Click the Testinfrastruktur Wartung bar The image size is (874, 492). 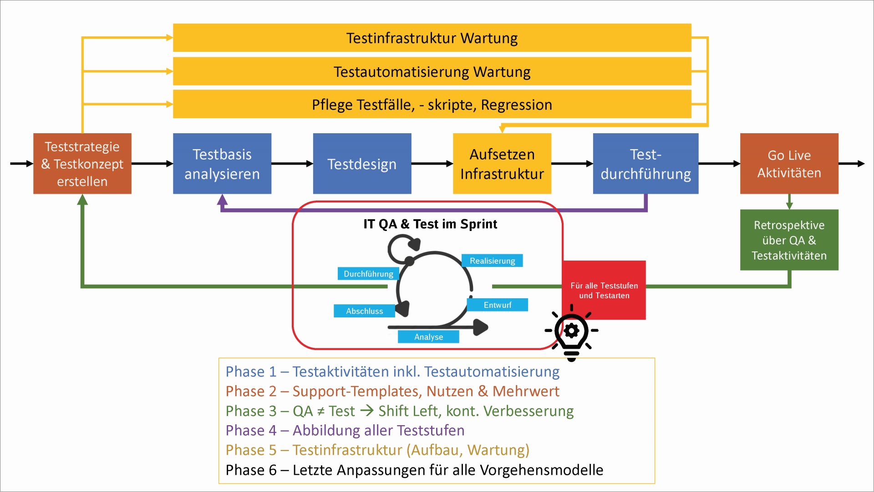point(432,38)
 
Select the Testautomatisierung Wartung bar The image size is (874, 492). point(432,71)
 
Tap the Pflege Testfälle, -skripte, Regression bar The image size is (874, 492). point(432,105)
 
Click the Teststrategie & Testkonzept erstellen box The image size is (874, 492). point(82,164)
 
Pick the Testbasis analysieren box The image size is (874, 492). point(222,164)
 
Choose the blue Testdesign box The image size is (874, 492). point(362,164)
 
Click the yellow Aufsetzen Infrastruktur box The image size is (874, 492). point(502,164)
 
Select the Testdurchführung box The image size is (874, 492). point(645,164)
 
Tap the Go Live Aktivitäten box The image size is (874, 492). point(789,164)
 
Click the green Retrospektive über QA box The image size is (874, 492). point(789,240)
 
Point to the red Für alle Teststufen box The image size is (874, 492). point(604,290)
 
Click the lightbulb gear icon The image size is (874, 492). point(572,332)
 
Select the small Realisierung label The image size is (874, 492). point(492,261)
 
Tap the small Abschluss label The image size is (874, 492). point(364,311)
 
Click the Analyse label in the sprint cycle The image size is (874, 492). point(428,337)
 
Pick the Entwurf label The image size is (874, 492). point(497,305)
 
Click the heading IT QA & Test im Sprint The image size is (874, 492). point(430,224)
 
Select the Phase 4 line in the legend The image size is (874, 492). point(345,430)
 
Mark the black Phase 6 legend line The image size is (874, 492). point(414,470)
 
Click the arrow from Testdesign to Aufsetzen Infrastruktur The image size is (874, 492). point(432,164)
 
